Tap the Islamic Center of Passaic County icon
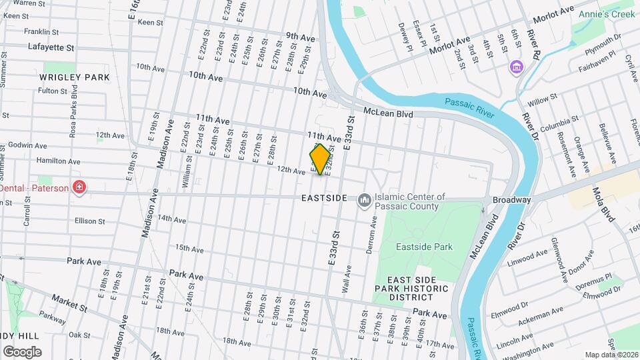tap(364, 200)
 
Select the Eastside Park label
tap(424, 247)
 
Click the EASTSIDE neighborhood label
tap(324, 199)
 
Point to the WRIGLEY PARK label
tap(74, 77)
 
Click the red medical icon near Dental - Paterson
tap(79, 187)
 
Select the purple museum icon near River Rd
tap(515, 67)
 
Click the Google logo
tap(22, 351)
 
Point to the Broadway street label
tap(511, 200)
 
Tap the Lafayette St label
tap(51, 47)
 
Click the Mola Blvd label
tap(605, 203)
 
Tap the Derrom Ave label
tap(373, 233)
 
